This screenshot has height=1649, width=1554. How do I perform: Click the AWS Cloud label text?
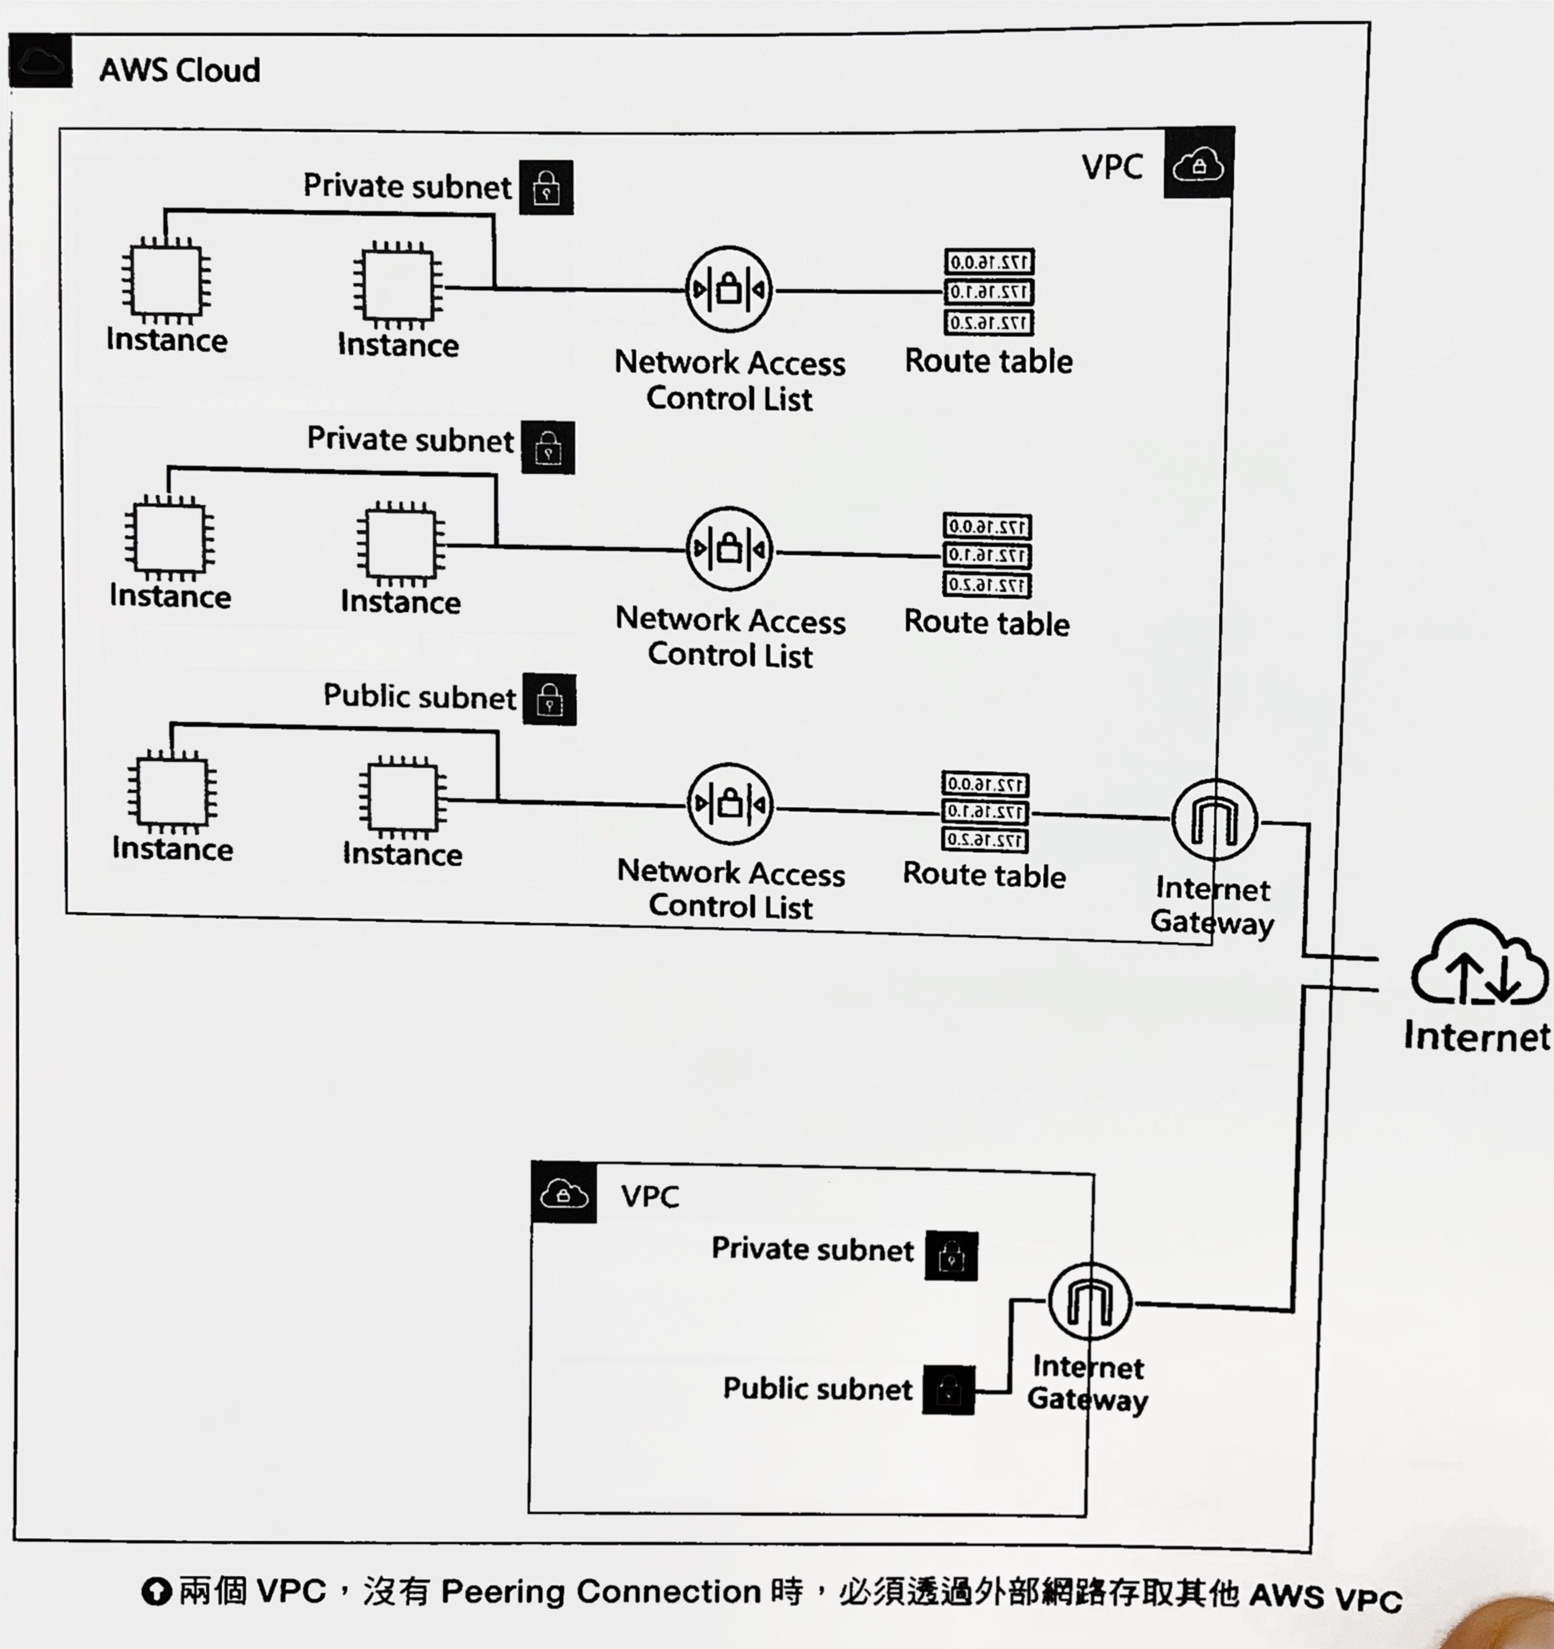pos(179,70)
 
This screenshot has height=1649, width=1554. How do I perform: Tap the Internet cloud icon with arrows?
pos(1479,963)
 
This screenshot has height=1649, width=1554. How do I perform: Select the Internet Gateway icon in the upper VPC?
pos(1213,820)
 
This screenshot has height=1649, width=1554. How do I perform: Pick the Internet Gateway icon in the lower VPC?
pos(1089,1301)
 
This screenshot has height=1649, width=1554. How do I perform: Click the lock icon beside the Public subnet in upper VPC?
pos(549,699)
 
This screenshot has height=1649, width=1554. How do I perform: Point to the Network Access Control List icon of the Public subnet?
pos(729,805)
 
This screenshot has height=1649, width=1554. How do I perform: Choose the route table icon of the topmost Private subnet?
pos(989,292)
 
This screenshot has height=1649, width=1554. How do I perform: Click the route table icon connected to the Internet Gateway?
pos(985,812)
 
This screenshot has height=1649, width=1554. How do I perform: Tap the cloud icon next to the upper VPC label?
pos(1198,164)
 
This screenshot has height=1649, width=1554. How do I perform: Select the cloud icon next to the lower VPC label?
pos(563,1193)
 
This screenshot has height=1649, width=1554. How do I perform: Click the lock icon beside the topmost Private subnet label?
pos(546,188)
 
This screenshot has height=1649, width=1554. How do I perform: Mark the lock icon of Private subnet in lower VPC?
pos(951,1255)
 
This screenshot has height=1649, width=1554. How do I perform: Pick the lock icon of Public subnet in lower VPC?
pos(948,1390)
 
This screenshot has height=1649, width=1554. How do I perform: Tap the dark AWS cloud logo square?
pos(40,63)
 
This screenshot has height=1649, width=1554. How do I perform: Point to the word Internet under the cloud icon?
pos(1477,1037)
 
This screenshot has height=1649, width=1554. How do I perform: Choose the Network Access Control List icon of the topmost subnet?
pos(728,290)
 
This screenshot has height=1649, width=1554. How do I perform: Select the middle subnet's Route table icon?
pos(987,555)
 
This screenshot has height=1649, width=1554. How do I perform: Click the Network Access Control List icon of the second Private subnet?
pos(729,549)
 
